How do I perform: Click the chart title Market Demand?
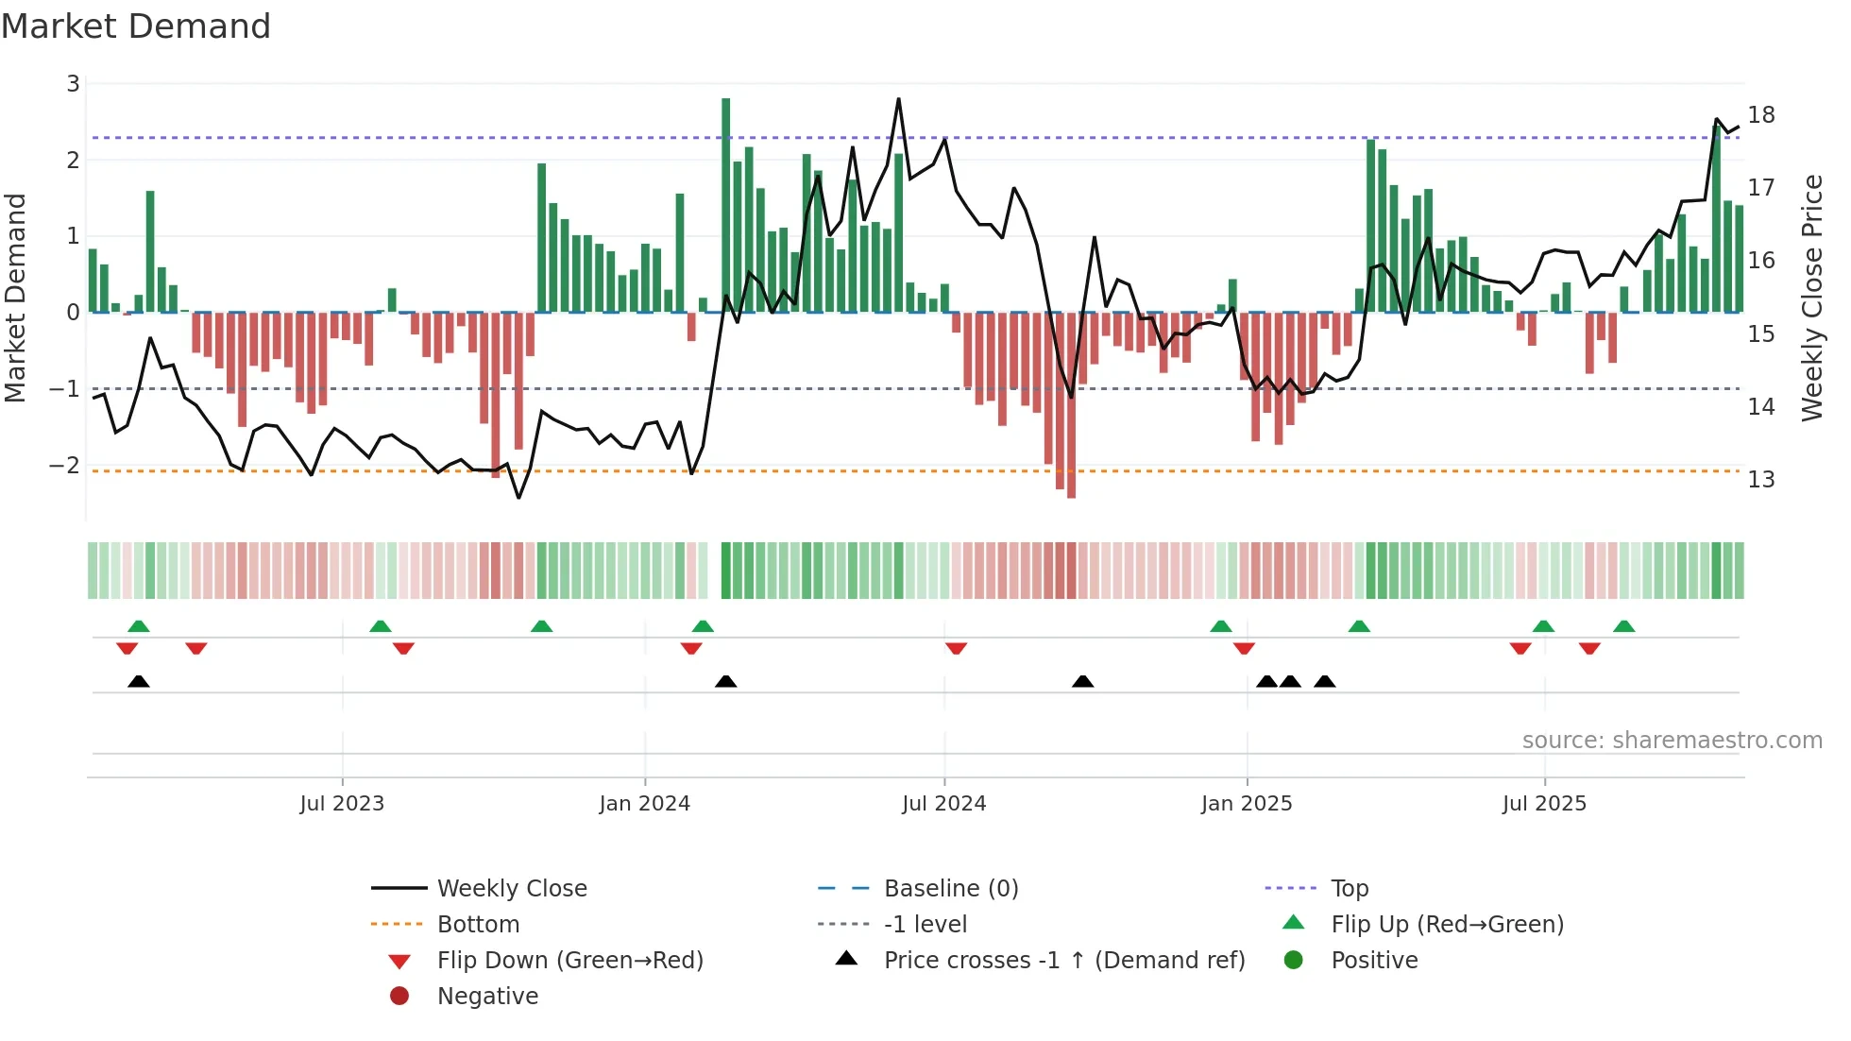coord(136,26)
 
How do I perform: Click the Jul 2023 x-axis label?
coord(342,804)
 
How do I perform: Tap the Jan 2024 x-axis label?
coord(644,804)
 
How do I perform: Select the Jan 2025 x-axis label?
coord(1246,804)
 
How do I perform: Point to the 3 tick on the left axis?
coord(73,84)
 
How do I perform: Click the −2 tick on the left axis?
coord(64,466)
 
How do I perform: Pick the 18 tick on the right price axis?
coord(1760,115)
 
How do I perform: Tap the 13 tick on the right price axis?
coord(1760,480)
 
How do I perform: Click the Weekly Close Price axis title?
coord(1811,298)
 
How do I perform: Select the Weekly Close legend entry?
coord(511,889)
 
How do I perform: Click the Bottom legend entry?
coord(478,925)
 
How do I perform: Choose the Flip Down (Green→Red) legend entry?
coord(569,961)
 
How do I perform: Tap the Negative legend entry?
coord(487,997)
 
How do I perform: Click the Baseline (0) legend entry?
coord(950,889)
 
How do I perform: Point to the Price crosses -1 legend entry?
coord(1063,961)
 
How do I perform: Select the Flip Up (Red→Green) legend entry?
coord(1447,925)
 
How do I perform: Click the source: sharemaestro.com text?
coord(1672,741)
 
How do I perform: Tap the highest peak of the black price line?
coord(898,100)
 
